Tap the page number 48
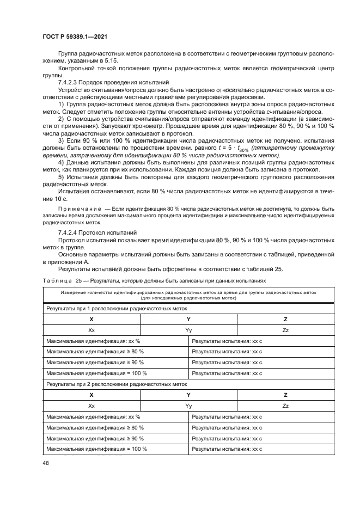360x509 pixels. click(x=45, y=462)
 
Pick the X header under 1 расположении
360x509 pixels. click(x=91, y=319)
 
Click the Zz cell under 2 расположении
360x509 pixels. click(x=285, y=406)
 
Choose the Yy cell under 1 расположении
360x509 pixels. click(x=188, y=330)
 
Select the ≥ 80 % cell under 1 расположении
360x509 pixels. click(x=115, y=352)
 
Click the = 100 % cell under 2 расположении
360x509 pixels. click(x=115, y=449)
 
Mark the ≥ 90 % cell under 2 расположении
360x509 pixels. click(x=115, y=438)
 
